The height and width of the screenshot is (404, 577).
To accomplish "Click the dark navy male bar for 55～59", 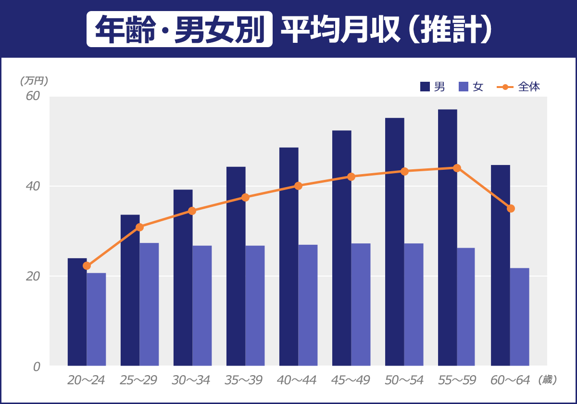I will click(447, 238).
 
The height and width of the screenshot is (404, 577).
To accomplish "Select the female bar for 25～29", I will click(149, 304).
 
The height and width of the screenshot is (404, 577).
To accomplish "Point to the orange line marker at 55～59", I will click(457, 168).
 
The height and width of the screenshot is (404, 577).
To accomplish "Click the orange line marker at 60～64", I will click(511, 208).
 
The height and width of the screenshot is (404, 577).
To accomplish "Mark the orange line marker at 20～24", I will click(87, 265).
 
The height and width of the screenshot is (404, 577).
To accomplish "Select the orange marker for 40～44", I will click(298, 186).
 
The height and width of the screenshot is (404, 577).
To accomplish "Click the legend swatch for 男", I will click(425, 87).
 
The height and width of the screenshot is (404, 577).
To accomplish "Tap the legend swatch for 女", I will click(463, 87).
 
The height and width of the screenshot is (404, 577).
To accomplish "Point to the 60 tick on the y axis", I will click(32, 96).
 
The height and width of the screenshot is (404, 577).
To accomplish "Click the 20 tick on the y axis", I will click(32, 276).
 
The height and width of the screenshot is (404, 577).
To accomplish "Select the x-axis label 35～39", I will click(244, 380).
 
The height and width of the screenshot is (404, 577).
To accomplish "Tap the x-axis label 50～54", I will click(404, 380).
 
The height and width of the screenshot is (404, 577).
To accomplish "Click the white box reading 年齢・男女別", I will click(179, 29).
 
